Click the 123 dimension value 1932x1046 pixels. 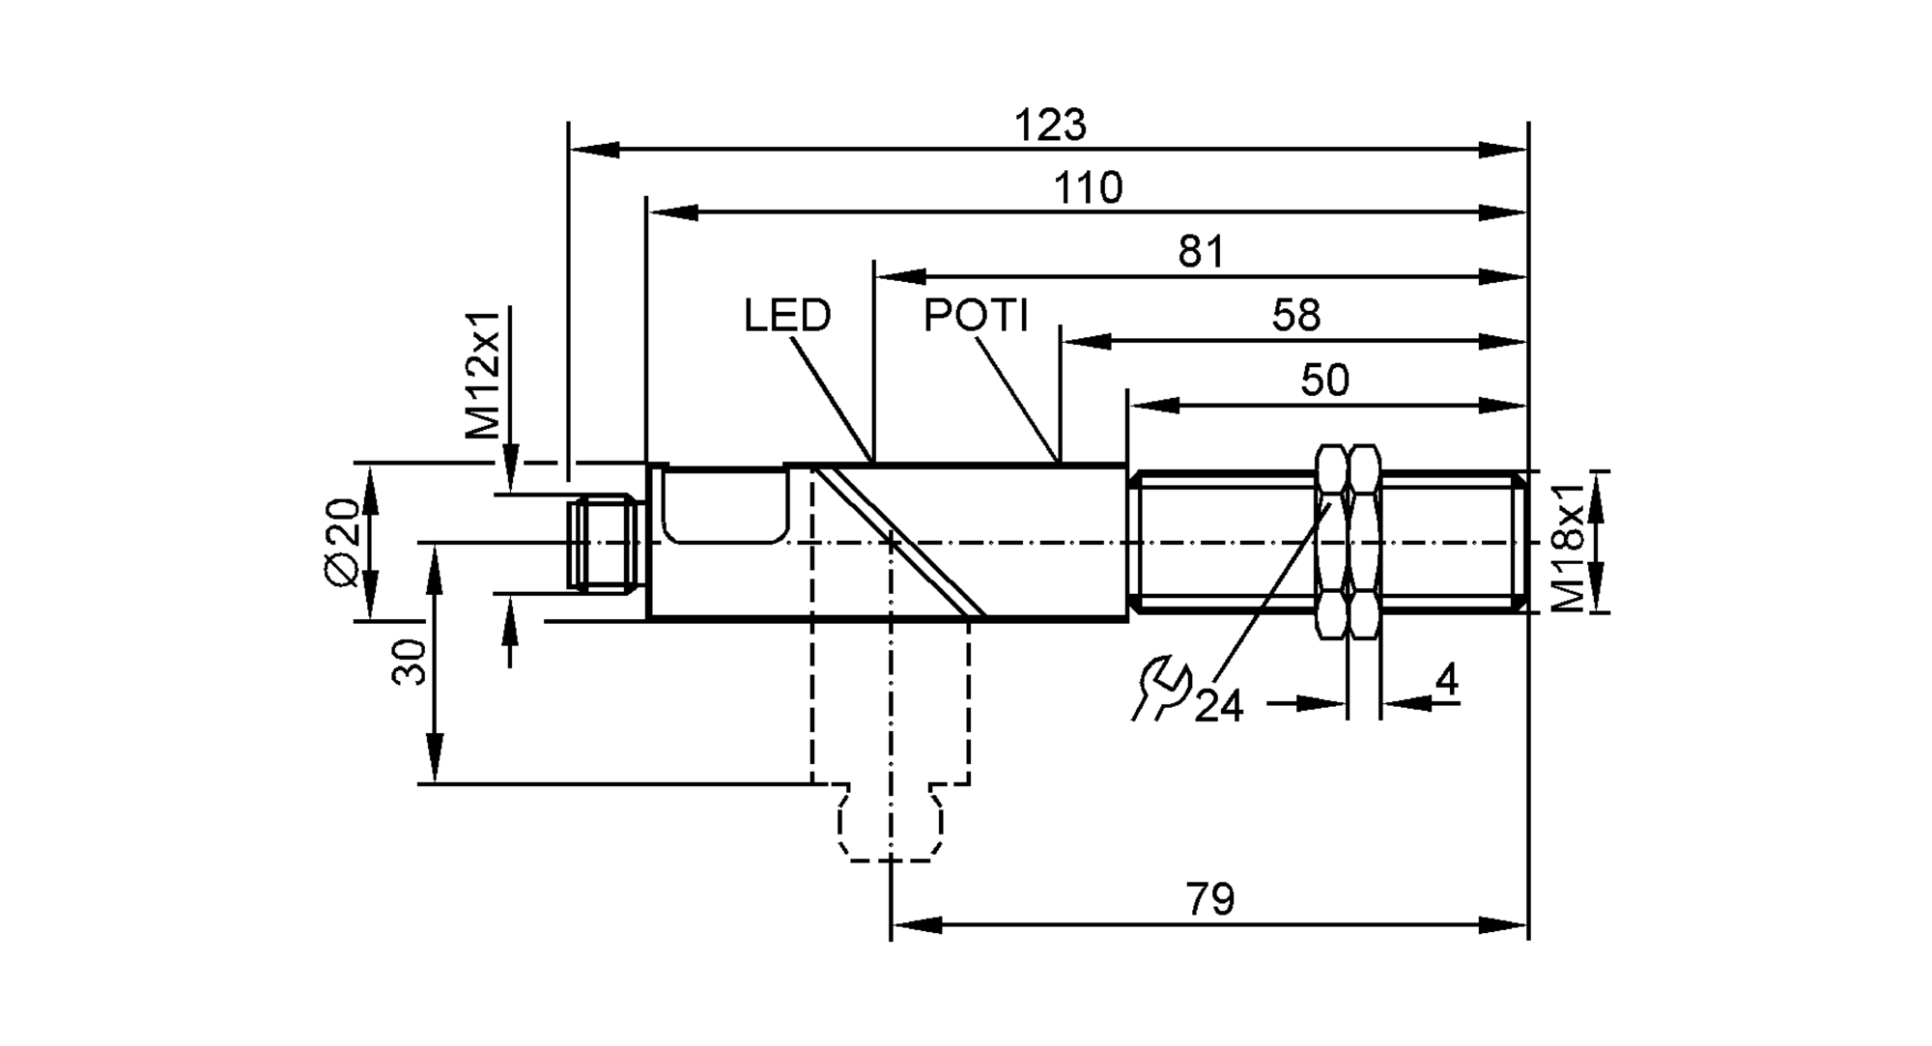pyautogui.click(x=1050, y=126)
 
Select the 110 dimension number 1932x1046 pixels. pyautogui.click(x=1088, y=188)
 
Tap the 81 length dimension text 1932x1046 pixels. pyautogui.click(x=1201, y=252)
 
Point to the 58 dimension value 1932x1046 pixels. pyautogui.click(x=1295, y=316)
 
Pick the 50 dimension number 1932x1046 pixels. pyautogui.click(x=1324, y=381)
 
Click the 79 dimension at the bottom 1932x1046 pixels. pyautogui.click(x=1210, y=900)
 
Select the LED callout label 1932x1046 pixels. pyautogui.click(x=787, y=316)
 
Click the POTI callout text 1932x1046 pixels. pyautogui.click(x=976, y=316)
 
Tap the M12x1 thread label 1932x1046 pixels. pyautogui.click(x=484, y=375)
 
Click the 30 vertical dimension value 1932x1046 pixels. pyautogui.click(x=410, y=662)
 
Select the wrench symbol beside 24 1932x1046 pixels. pyautogui.click(x=1160, y=688)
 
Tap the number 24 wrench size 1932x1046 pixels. pyautogui.click(x=1219, y=707)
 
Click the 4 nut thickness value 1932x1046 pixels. pyautogui.click(x=1446, y=682)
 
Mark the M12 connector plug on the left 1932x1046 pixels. pyautogui.click(x=604, y=543)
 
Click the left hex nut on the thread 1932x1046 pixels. pyautogui.click(x=1331, y=541)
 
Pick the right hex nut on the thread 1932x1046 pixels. pyautogui.click(x=1363, y=541)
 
